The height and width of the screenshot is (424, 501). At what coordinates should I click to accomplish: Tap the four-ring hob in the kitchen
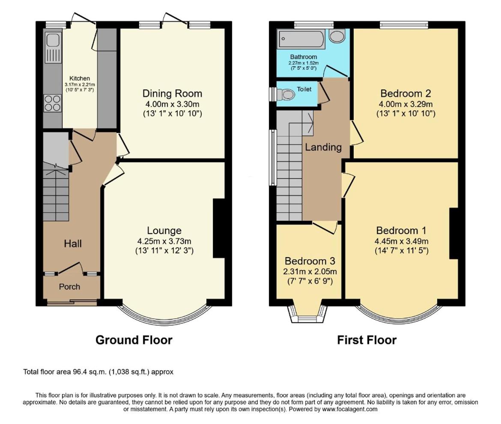[52, 103]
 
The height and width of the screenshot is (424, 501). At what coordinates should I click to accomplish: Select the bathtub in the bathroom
[301, 40]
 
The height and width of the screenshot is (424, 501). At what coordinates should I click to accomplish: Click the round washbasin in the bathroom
[337, 36]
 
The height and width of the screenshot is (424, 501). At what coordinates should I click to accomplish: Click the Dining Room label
[172, 94]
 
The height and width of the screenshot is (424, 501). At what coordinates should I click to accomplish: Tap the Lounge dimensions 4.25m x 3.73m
[164, 241]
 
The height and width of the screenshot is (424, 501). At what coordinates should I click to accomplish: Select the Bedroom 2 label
[406, 94]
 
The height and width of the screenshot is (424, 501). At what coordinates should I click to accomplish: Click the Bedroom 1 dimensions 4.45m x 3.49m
[401, 241]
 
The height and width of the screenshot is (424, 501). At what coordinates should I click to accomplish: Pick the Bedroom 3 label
[310, 261]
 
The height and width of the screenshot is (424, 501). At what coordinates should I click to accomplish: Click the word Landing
[323, 147]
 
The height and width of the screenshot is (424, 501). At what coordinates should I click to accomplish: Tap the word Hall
[72, 243]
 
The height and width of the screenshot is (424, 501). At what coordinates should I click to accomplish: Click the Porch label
[69, 287]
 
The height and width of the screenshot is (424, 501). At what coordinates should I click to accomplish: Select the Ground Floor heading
[134, 340]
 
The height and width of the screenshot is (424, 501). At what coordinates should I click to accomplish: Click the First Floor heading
[367, 340]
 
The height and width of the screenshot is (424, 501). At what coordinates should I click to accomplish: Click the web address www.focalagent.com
[349, 409]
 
